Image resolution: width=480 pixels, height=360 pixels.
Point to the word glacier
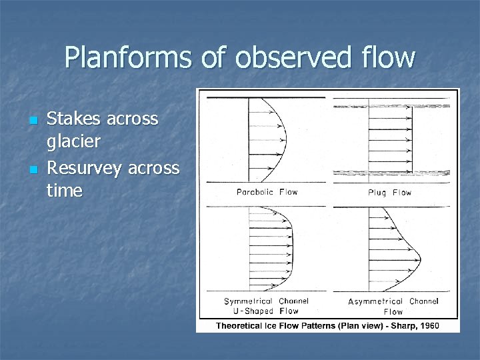(73, 142)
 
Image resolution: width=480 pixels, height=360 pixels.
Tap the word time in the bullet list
(65, 191)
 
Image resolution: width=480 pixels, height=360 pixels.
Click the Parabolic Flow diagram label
(267, 192)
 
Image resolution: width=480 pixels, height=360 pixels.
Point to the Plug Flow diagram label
(390, 193)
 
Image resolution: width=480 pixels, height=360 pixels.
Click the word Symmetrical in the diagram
(248, 301)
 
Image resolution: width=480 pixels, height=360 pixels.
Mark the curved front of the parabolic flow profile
(286, 139)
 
